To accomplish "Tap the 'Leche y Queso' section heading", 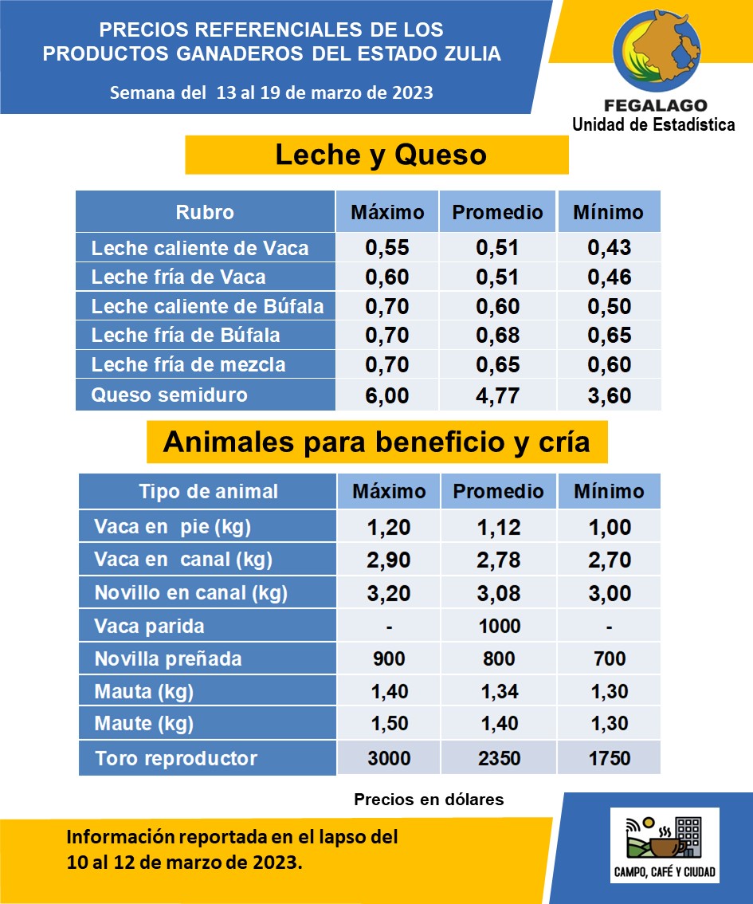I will [x=380, y=155].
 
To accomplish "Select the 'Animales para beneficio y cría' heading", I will [x=376, y=442].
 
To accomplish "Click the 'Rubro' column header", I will [x=205, y=212].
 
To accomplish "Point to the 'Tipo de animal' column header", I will [x=208, y=491].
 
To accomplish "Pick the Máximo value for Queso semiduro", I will [x=386, y=395].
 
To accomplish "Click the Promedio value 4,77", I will [x=497, y=395].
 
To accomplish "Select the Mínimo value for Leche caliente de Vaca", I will [x=609, y=248].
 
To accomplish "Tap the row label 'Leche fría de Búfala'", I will [x=186, y=336].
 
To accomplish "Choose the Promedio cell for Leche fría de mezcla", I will [x=497, y=366].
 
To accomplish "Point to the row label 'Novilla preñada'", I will [x=167, y=659].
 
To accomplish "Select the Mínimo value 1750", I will [x=609, y=758].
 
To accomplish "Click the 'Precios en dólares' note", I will [x=429, y=800].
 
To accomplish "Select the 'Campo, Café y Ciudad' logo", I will [x=665, y=845].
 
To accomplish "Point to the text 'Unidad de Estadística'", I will [x=653, y=124].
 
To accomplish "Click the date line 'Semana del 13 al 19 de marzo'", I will [x=271, y=92].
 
